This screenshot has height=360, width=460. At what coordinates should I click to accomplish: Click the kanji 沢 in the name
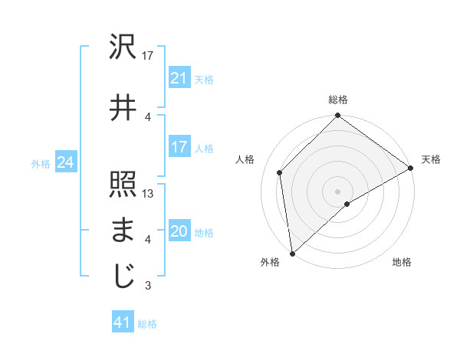point(123,48)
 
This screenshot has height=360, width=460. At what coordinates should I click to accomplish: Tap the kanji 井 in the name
point(123,107)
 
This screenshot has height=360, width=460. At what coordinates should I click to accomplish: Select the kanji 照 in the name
point(123,185)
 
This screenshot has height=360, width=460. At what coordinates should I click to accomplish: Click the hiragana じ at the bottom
point(123,276)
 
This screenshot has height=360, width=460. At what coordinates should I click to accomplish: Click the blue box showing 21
point(179,77)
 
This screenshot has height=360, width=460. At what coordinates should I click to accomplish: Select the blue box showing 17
point(179,147)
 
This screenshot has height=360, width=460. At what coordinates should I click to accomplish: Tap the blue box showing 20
point(179,231)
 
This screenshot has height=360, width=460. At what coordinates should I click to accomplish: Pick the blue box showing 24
point(65,162)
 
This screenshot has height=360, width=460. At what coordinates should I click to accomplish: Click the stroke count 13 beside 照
point(149,194)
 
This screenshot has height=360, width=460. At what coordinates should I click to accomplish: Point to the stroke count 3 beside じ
point(148,286)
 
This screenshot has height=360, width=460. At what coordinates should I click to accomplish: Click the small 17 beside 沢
point(149,56)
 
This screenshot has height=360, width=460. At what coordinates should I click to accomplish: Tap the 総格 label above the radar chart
point(337,100)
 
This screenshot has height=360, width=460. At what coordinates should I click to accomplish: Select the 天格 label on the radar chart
point(431,159)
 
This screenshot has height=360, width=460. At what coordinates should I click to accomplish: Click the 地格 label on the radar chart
point(402,263)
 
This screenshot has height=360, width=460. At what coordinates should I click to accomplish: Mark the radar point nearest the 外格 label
point(292,254)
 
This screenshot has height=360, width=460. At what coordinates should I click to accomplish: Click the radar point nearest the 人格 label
point(280,172)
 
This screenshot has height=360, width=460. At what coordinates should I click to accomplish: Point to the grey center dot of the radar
point(337,191)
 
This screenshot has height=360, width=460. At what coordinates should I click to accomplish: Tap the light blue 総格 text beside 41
point(147,324)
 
